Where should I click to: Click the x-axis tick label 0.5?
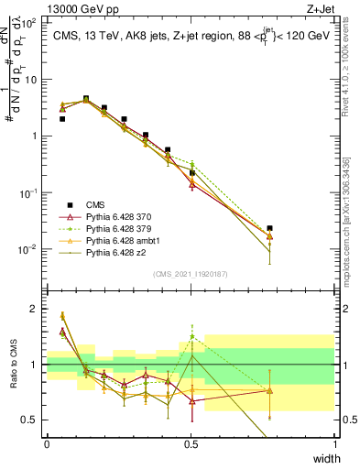(191, 443)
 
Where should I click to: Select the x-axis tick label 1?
(335, 443)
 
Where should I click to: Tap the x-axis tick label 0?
(48, 443)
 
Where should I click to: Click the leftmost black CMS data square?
(62, 119)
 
